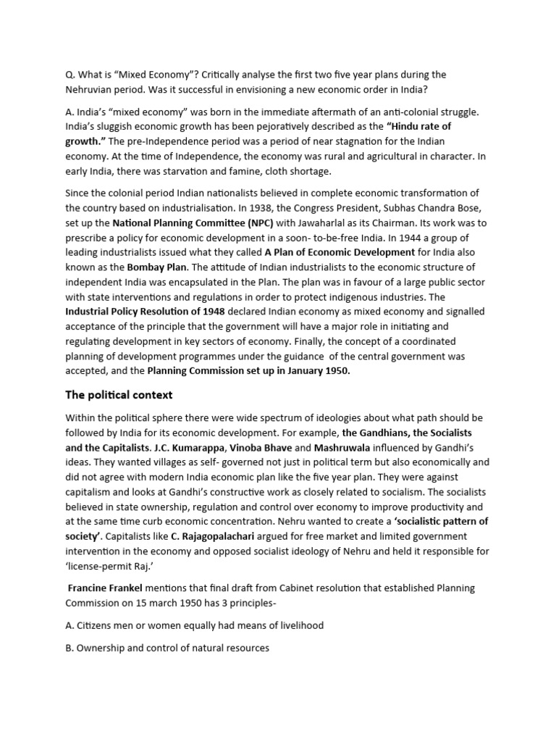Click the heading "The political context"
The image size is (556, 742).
(119, 395)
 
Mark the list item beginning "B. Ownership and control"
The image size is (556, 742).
(167, 648)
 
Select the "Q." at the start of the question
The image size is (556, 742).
(70, 75)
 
